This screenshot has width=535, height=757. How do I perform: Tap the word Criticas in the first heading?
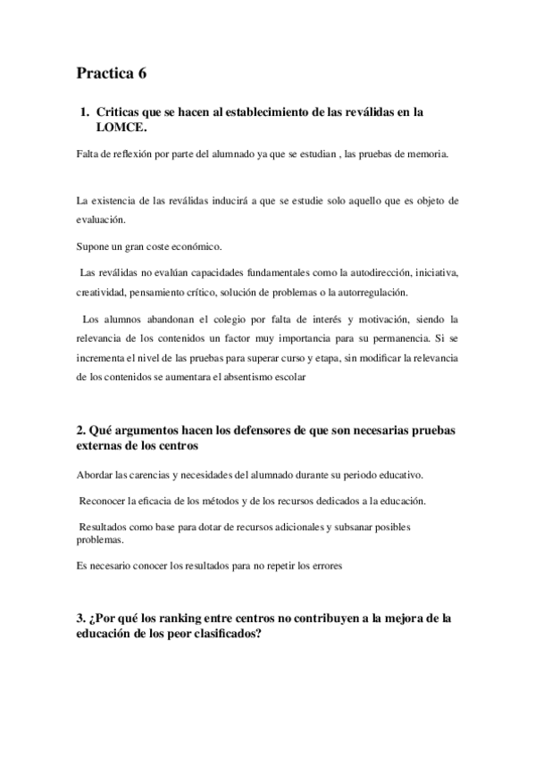pyautogui.click(x=122, y=112)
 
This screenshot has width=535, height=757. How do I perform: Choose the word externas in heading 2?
pyautogui.click(x=102, y=445)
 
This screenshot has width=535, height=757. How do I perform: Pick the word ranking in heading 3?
pyautogui.click(x=179, y=618)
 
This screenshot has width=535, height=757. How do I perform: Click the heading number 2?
pyautogui.click(x=81, y=430)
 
